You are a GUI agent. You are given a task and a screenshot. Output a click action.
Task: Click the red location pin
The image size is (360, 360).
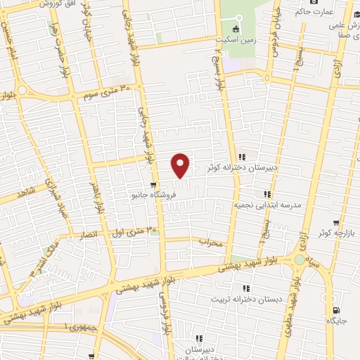point(181,165)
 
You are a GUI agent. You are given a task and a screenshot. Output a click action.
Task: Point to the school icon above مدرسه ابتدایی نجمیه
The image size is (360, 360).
point(267,194)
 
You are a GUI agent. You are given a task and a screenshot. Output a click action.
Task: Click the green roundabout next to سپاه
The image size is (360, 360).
point(300,260)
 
